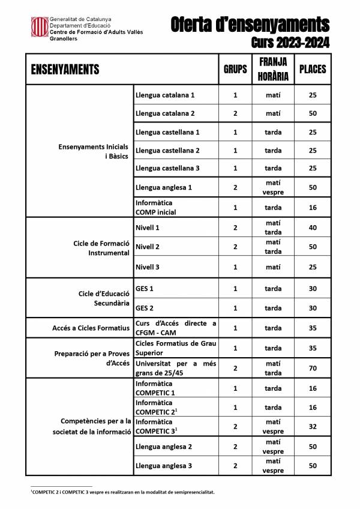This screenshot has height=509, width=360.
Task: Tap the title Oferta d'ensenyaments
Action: [250, 25]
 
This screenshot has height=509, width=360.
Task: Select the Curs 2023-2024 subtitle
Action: [290, 43]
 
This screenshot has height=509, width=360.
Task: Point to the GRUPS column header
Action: [235, 69]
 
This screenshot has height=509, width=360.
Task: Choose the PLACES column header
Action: [312, 69]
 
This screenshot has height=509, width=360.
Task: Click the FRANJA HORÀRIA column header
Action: [273, 69]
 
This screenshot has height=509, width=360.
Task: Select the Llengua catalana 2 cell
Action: [166, 113]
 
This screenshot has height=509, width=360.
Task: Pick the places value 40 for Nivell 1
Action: [312, 227]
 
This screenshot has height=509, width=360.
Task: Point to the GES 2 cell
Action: [145, 308]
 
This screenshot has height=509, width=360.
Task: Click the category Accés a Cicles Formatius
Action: [90, 328]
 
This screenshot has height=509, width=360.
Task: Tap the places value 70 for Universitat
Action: [312, 368]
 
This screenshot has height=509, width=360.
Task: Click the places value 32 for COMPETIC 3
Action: [312, 427]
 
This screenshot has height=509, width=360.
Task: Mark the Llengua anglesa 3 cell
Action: [164, 466]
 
